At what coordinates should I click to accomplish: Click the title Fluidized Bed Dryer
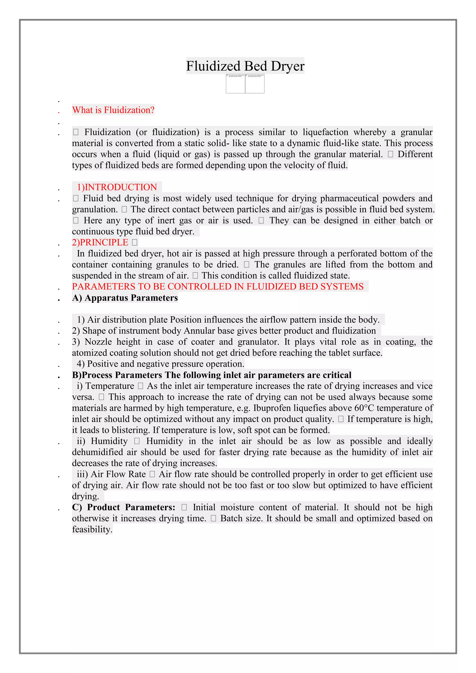click(245, 66)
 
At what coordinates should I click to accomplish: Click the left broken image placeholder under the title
click(235, 84)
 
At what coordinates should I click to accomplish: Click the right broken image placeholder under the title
click(255, 84)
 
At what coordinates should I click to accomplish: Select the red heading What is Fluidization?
click(113, 110)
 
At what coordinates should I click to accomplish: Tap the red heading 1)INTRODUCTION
click(117, 187)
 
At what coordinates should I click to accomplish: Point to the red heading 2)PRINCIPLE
click(100, 242)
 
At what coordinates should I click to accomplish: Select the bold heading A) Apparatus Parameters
click(125, 298)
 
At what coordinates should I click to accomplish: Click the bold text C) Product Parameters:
click(124, 507)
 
